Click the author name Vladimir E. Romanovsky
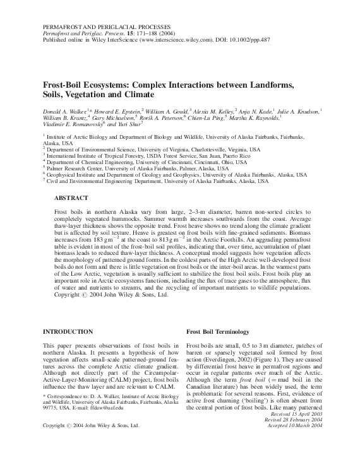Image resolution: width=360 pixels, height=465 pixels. pyautogui.click(x=72, y=124)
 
